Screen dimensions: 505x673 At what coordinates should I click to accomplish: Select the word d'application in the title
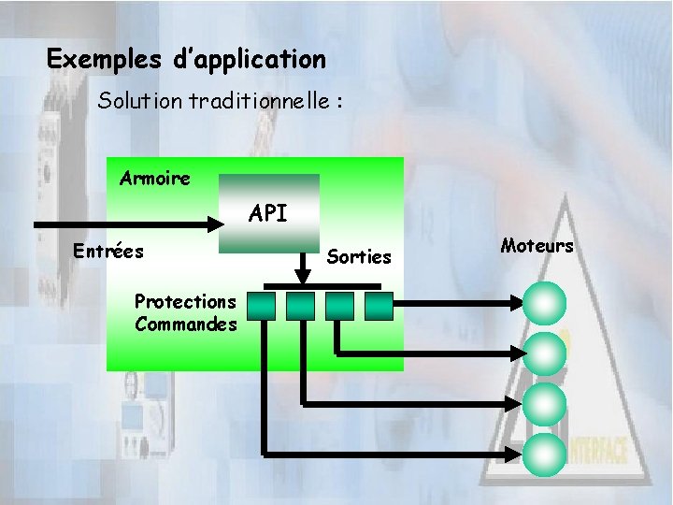pos(250,60)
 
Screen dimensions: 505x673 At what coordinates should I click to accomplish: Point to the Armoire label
pos(155,178)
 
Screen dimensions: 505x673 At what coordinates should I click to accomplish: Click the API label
pos(268,214)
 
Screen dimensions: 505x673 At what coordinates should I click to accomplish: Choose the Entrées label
pos(108,251)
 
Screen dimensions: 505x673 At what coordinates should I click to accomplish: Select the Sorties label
pos(359,256)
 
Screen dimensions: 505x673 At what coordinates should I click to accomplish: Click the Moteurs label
pos(537,246)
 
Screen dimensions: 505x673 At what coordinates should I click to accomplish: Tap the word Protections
pos(185,301)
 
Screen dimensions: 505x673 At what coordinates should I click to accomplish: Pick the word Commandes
pos(185,325)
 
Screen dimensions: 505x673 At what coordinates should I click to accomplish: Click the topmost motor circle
pos(545,302)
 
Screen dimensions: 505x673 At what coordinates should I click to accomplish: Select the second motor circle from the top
pos(545,353)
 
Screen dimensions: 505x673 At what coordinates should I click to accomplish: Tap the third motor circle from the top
pos(545,404)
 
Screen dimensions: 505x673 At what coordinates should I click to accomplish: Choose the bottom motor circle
pos(545,454)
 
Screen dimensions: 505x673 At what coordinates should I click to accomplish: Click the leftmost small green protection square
pos(262,304)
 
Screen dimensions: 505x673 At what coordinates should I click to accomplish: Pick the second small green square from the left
pos(301,304)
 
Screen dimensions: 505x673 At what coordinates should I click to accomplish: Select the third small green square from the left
pos(340,304)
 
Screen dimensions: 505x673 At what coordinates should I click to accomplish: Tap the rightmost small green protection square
pos(379,304)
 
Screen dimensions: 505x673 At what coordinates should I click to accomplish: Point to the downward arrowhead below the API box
pos(302,276)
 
